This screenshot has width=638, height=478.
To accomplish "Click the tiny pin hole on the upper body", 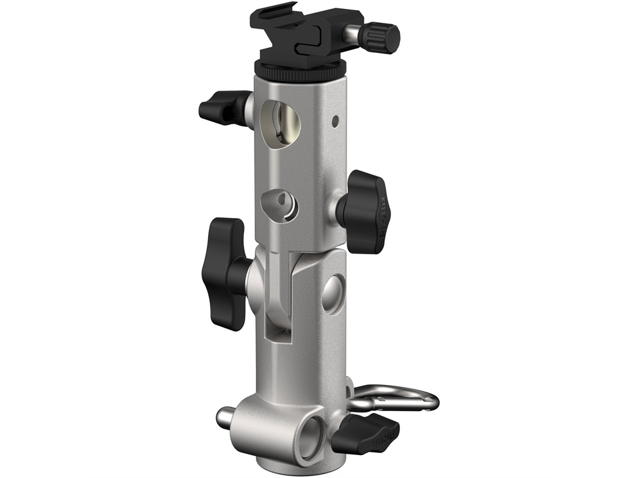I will pos(335,119).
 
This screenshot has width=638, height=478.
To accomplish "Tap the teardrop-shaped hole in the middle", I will pos(279,203).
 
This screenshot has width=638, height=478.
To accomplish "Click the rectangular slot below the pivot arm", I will pos(274,331).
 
